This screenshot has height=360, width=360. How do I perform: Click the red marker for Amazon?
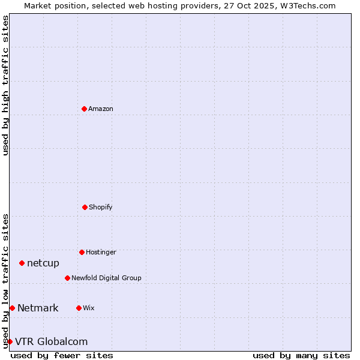pos(84,109)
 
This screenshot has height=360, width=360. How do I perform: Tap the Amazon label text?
pos(101,109)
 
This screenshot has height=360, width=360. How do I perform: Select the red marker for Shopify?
pos(85,207)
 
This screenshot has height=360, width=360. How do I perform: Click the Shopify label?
pos(101,208)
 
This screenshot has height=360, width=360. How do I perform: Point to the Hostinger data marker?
pos(82,252)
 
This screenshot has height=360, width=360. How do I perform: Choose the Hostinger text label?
pos(101,253)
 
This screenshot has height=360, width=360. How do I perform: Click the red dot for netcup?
pos(22,263)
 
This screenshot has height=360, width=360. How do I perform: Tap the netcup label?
pos(43,263)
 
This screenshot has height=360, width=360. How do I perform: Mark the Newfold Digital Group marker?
pos(67,278)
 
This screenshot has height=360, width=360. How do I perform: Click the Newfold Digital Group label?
pos(106,278)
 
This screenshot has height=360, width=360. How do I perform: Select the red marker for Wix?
pos(79,308)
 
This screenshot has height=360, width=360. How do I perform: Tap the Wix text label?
pos(89,308)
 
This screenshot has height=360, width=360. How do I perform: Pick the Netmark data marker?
pos(12,308)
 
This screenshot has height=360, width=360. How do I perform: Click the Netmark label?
pos(38,308)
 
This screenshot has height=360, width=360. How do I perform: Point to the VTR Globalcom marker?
pos(10,341)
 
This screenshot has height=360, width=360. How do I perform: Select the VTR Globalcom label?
pos(52,342)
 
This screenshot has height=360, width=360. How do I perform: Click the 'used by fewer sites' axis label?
pos(62,355)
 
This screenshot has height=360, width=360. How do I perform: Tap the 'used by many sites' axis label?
pos(301,355)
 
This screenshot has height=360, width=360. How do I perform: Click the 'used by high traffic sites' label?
pos(5,85)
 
